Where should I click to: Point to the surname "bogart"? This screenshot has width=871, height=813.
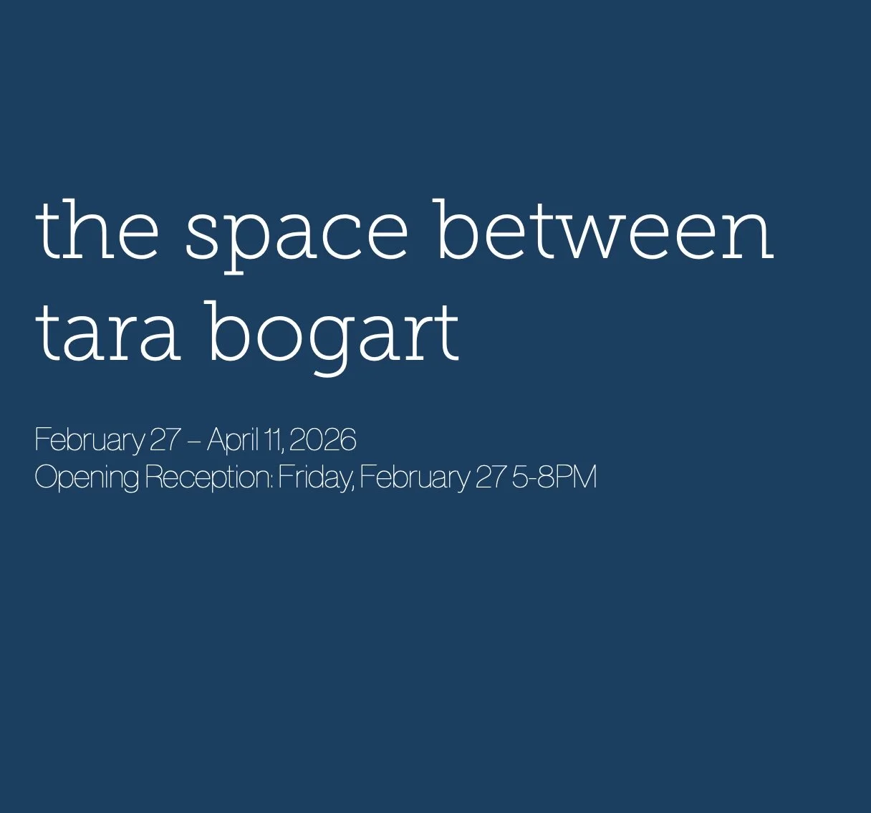coord(333,334)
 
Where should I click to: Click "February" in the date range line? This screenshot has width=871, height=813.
coord(89,440)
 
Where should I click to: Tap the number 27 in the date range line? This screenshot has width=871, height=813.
coord(165,439)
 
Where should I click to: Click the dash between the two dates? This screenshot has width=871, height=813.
coord(193,440)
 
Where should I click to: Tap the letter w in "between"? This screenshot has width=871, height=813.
coord(582,233)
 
